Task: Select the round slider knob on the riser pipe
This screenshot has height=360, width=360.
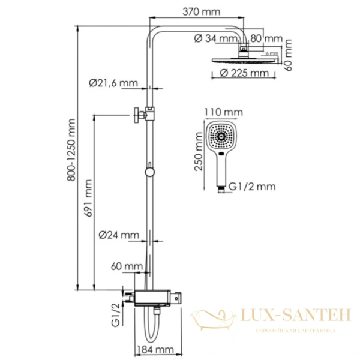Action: (149, 172)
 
